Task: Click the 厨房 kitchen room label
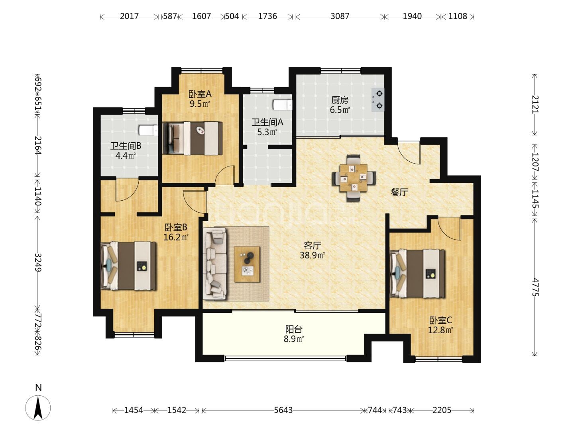(340, 100)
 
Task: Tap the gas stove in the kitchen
(378, 100)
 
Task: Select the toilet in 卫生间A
(283, 105)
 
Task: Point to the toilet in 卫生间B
(149, 131)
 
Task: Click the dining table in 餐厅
(354, 178)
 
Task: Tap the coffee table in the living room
(247, 264)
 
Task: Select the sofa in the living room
(215, 264)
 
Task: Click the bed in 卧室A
(193, 138)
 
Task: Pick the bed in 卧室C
(417, 274)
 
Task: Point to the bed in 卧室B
(128, 266)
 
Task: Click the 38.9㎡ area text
(312, 255)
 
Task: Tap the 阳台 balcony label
(294, 329)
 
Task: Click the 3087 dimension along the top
(340, 16)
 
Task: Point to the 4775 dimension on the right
(535, 287)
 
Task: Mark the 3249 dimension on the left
(38, 262)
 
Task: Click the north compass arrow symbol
(38, 408)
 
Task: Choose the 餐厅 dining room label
(399, 193)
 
